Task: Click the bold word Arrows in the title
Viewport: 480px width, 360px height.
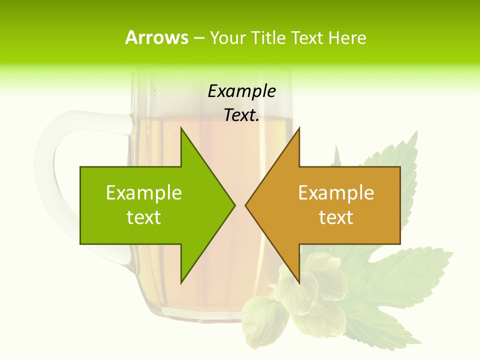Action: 156,37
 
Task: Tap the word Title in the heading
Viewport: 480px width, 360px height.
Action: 267,37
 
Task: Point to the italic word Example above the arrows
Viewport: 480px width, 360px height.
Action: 241,91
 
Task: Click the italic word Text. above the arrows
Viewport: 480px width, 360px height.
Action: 241,115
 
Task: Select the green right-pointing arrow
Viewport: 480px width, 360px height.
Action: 150,205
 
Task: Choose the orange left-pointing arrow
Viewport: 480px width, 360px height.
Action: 335,205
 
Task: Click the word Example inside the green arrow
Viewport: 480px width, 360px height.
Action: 144,193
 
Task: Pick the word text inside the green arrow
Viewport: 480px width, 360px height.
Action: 144,217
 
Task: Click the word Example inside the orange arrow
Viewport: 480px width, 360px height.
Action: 336,193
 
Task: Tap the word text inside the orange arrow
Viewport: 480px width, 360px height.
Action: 336,217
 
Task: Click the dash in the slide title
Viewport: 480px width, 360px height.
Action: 198,38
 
